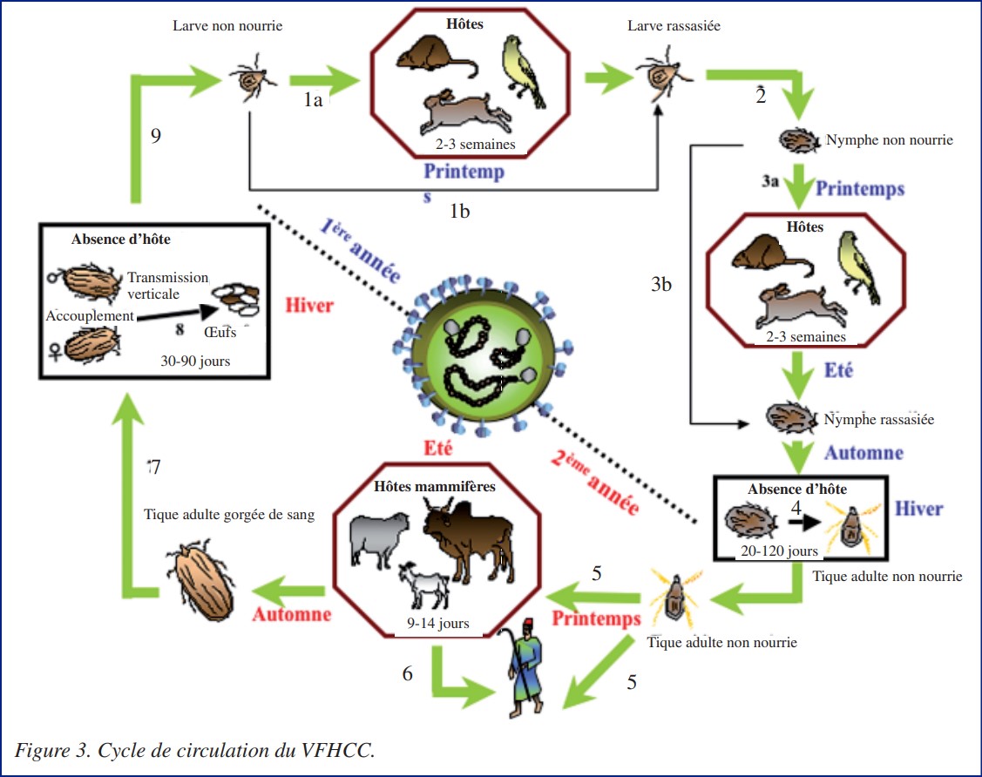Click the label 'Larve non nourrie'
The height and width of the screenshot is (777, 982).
tap(227, 26)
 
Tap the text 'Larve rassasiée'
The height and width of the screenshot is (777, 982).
tap(674, 26)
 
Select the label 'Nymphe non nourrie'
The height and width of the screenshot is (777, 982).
tap(889, 140)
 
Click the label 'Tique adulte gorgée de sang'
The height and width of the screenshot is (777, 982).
tap(229, 514)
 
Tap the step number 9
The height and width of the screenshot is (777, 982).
tap(156, 136)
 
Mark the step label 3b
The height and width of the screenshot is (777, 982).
tap(662, 285)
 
